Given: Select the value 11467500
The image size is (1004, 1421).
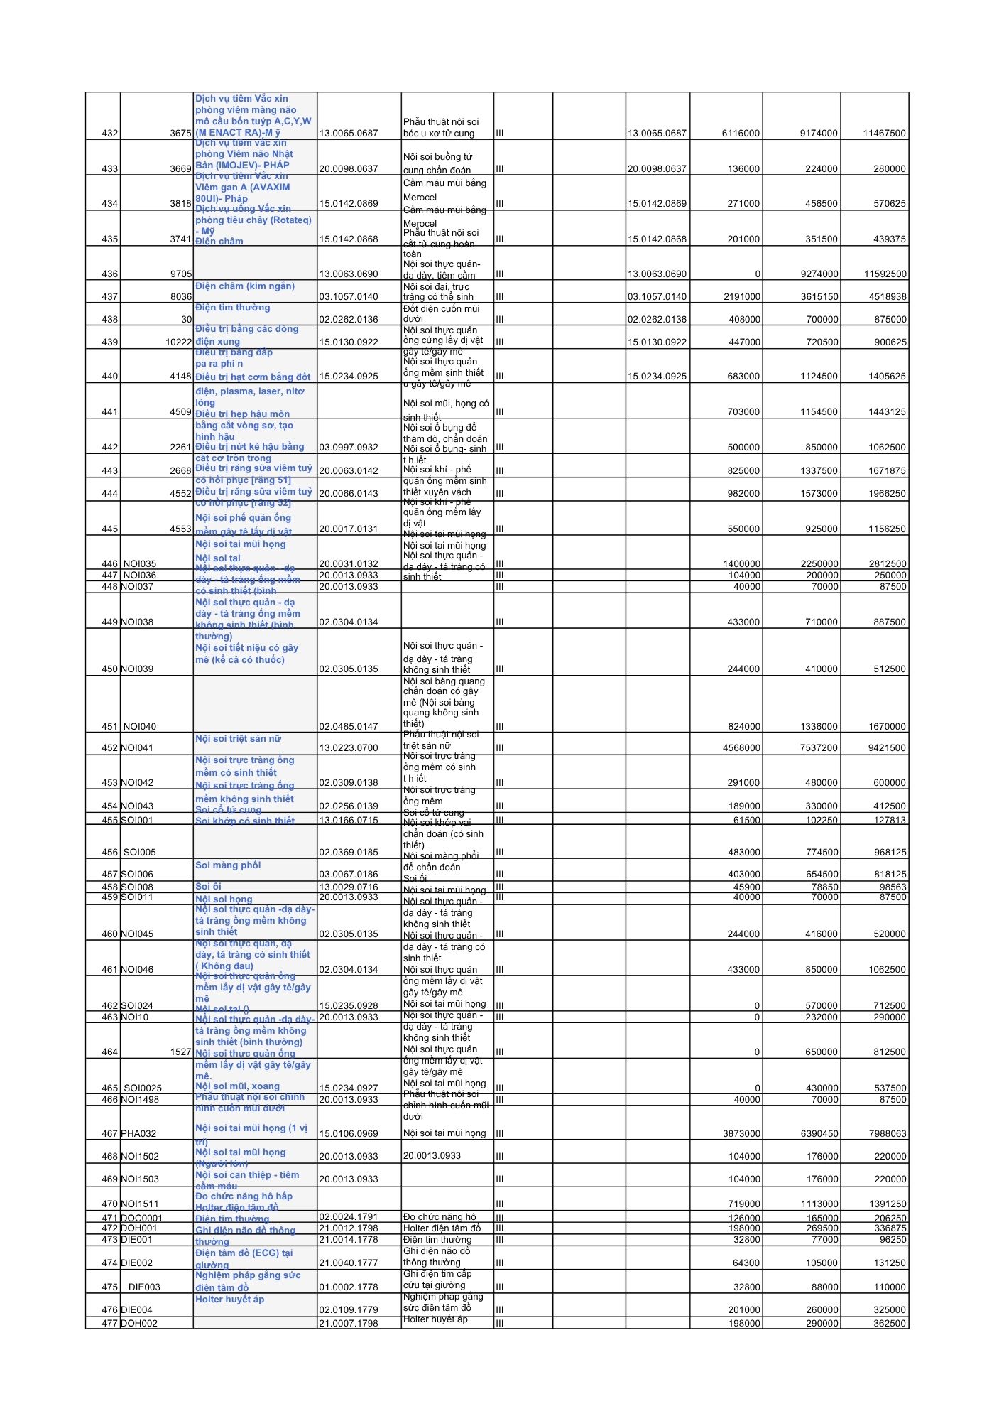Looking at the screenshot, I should pyautogui.click(x=884, y=133).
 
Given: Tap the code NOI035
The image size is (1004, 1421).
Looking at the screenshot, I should pyautogui.click(x=139, y=563).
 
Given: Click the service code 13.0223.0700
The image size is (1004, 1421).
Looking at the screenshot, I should pyautogui.click(x=349, y=747).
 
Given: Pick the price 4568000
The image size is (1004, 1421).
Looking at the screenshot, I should pyautogui.click(x=741, y=747).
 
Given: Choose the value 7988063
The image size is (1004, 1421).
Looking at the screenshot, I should pyautogui.click(x=885, y=1133).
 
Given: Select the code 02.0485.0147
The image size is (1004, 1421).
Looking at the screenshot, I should pyautogui.click(x=349, y=726).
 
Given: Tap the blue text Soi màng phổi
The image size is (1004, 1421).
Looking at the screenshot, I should pyautogui.click(x=228, y=865).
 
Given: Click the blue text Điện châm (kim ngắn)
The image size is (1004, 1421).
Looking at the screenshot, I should pyautogui.click(x=245, y=286).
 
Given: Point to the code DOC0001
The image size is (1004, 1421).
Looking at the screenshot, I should pyautogui.click(x=141, y=1218).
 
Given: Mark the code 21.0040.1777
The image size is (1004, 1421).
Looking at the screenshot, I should pyautogui.click(x=349, y=1263).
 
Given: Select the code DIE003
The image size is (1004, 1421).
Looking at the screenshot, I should pyautogui.click(x=144, y=1287).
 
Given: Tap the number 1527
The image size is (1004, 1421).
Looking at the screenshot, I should pyautogui.click(x=181, y=1052).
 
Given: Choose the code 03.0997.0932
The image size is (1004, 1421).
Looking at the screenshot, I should pyautogui.click(x=349, y=447).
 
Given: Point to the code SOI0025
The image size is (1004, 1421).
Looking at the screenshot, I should pyautogui.click(x=142, y=1088).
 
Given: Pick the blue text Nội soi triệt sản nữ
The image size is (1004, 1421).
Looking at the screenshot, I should pyautogui.click(x=238, y=739).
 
